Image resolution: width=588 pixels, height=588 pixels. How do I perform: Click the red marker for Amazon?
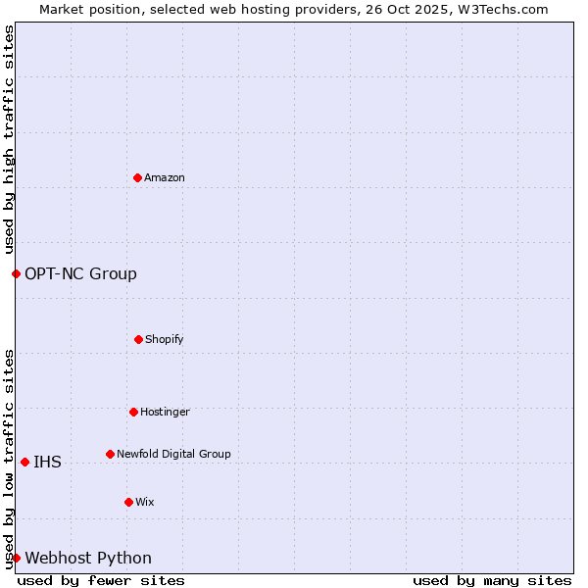(x=137, y=177)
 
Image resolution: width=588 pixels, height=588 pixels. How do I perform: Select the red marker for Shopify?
(x=138, y=339)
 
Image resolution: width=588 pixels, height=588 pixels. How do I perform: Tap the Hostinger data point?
(x=133, y=412)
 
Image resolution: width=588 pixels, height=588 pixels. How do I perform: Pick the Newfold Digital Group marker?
(x=110, y=454)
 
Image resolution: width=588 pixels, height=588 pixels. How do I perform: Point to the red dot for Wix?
(x=128, y=502)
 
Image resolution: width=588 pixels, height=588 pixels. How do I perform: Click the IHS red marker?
(x=24, y=462)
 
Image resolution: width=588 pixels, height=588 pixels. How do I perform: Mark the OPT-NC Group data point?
(x=16, y=273)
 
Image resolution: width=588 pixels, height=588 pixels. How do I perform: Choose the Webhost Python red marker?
(x=16, y=558)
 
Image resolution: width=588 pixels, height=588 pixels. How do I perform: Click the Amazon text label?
(x=165, y=177)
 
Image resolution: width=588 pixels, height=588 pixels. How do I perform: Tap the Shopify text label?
(x=165, y=339)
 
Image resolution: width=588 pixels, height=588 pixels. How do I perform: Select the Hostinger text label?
(x=165, y=412)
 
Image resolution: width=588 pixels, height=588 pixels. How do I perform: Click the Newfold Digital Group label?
(x=173, y=454)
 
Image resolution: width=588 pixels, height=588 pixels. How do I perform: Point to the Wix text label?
(x=145, y=502)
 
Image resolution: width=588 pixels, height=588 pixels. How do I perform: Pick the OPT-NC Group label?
(x=80, y=273)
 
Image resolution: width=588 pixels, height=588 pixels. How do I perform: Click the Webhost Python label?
(x=88, y=558)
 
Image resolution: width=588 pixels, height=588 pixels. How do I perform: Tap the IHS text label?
(x=47, y=462)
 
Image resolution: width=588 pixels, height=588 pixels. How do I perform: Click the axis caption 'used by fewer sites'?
(x=101, y=580)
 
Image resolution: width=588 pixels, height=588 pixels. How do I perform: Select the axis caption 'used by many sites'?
(x=492, y=580)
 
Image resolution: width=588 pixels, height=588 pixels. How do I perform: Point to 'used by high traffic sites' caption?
(x=9, y=139)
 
